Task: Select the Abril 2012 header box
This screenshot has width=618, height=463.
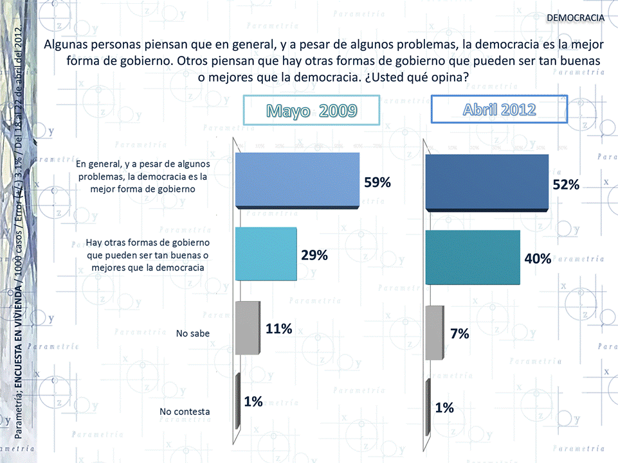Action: [x=499, y=109]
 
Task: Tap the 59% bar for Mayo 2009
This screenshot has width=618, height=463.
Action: [x=297, y=180]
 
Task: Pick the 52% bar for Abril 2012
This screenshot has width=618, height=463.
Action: [x=487, y=183]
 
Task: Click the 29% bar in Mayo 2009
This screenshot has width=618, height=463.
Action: [x=266, y=254]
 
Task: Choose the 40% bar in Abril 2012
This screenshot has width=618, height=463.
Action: [x=473, y=257]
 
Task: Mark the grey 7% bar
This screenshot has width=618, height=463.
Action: [x=435, y=333]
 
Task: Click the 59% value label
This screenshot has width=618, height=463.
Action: [x=377, y=182]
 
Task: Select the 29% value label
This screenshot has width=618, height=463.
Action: [x=314, y=255]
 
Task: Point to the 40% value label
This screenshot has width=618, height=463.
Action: [x=538, y=259]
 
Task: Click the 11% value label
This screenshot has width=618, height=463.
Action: [x=279, y=329]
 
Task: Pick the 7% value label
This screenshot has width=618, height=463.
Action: [x=459, y=333]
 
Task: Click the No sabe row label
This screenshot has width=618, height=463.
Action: [x=193, y=333]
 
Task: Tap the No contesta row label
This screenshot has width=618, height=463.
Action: [x=185, y=412]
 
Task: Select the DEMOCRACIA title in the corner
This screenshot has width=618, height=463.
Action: [x=575, y=17]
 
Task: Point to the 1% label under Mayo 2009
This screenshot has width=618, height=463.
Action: [x=253, y=402]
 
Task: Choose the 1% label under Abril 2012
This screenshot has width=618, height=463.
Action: [x=444, y=407]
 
